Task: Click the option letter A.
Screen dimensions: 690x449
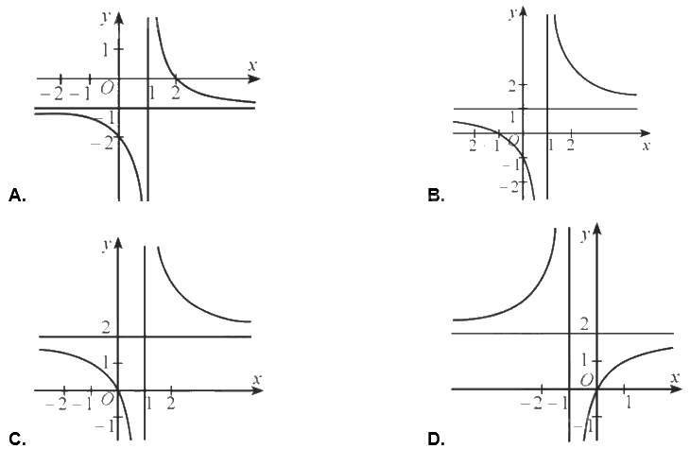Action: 17,195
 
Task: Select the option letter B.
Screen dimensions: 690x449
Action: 436,195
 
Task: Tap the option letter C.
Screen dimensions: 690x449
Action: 17,439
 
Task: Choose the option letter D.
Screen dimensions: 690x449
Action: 436,439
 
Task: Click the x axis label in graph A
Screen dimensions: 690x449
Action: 251,65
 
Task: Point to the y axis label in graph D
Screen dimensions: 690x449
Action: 585,235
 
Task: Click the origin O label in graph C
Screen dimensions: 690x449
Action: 107,400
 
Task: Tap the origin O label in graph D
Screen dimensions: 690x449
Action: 586,379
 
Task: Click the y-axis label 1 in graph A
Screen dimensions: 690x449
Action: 106,50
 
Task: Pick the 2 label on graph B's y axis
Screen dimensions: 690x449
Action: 511,86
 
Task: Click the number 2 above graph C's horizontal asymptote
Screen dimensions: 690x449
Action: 106,327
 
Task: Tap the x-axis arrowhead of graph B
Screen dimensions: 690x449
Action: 646,133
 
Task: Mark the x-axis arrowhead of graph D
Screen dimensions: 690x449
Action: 677,389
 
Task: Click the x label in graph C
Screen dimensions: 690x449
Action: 257,378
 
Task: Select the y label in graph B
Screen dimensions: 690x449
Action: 511,13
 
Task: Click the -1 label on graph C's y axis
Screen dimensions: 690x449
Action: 104,426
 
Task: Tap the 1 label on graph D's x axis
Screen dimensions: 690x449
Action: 630,403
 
